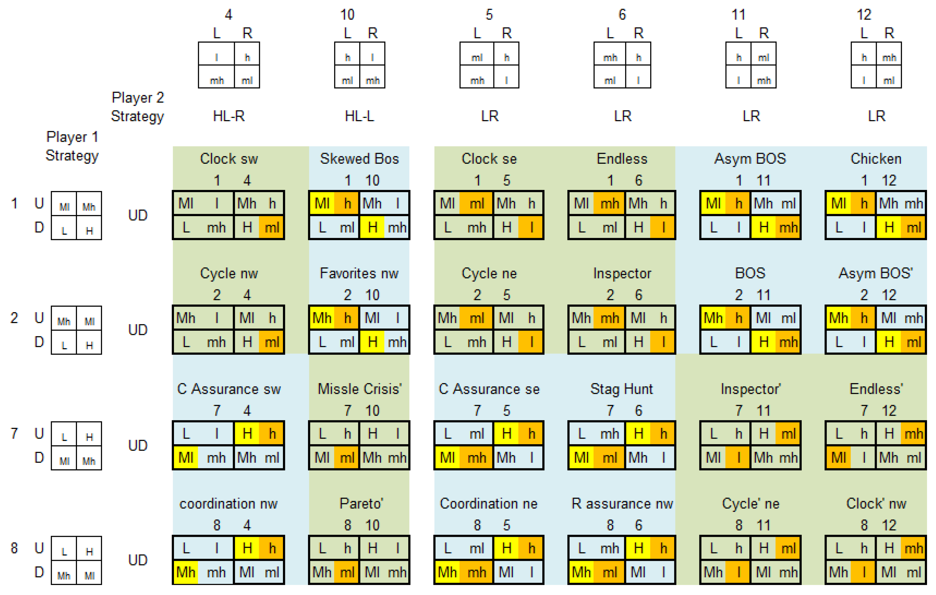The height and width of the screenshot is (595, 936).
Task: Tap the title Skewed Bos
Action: (x=359, y=159)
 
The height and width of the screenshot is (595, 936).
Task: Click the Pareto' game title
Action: (x=361, y=504)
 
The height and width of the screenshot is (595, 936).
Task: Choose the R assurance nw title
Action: (x=622, y=504)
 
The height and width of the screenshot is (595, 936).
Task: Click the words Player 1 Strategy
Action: (x=72, y=146)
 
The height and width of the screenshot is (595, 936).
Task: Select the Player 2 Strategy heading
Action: (x=137, y=107)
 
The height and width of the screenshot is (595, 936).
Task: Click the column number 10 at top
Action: (x=347, y=15)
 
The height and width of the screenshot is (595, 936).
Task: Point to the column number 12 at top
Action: (x=864, y=15)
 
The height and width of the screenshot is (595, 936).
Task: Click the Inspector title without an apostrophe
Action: (x=622, y=273)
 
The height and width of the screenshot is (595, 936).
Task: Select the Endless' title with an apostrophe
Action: (x=876, y=389)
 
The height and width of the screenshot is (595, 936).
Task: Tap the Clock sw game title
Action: (x=229, y=159)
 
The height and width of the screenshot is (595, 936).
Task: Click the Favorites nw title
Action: (x=359, y=273)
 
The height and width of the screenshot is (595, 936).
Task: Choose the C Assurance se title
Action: (x=489, y=389)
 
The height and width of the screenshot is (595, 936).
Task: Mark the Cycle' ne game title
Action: (x=751, y=504)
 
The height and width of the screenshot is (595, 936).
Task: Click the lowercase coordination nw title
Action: (x=228, y=504)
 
